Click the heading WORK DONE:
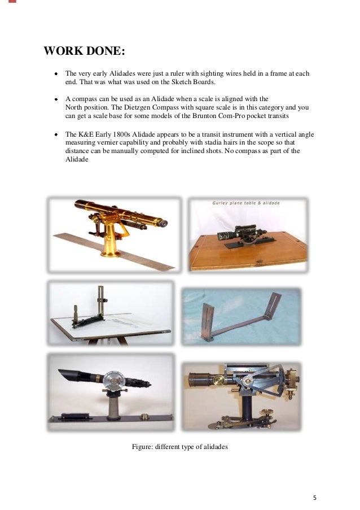pyautogui.click(x=84, y=52)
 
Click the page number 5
pyautogui.click(x=315, y=497)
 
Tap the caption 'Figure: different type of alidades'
pyautogui.click(x=179, y=447)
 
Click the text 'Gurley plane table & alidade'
pyautogui.click(x=246, y=203)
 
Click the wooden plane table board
pyautogui.click(x=248, y=249)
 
